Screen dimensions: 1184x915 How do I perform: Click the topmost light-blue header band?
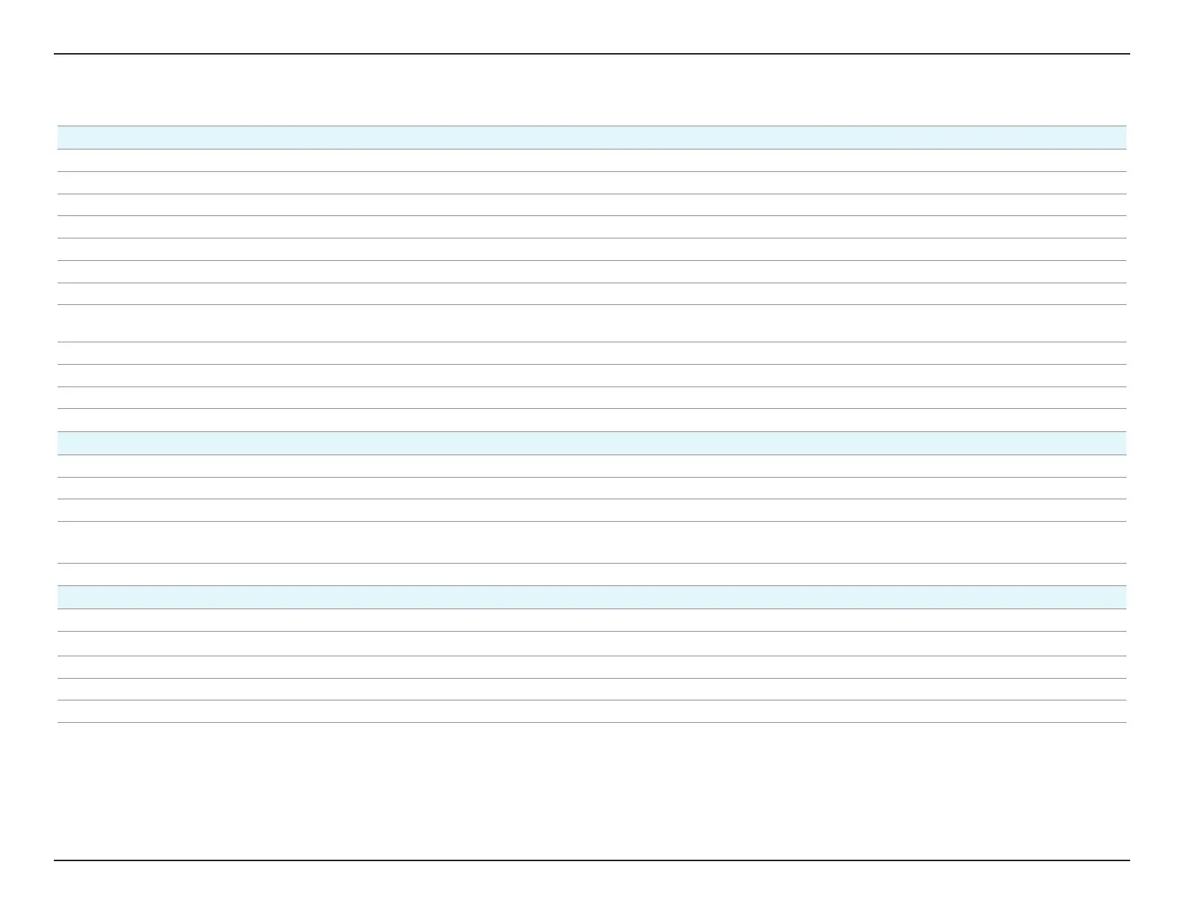[592, 138]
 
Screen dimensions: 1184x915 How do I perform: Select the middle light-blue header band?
[592, 443]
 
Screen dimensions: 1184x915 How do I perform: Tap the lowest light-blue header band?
[592, 597]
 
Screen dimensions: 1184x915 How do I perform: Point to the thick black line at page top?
[592, 54]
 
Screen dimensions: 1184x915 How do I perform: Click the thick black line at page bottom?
[592, 860]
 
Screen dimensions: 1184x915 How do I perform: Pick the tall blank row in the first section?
[592, 324]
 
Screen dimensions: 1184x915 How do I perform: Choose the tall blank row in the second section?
[592, 542]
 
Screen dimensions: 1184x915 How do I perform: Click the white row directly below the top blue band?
[592, 161]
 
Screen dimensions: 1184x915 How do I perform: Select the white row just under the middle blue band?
[592, 466]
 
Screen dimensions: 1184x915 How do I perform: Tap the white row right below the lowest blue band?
[592, 620]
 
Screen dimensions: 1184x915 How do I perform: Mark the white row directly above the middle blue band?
[592, 420]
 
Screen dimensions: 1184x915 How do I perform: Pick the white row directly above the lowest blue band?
[592, 574]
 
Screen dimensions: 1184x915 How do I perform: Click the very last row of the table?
[592, 712]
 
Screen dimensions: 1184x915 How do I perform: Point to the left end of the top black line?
[56, 54]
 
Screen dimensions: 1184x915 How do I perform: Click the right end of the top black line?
[1128, 54]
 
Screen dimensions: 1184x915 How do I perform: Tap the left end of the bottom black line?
[56, 860]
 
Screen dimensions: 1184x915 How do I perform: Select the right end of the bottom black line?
[1128, 860]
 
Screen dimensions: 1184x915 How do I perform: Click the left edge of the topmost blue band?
[60, 138]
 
